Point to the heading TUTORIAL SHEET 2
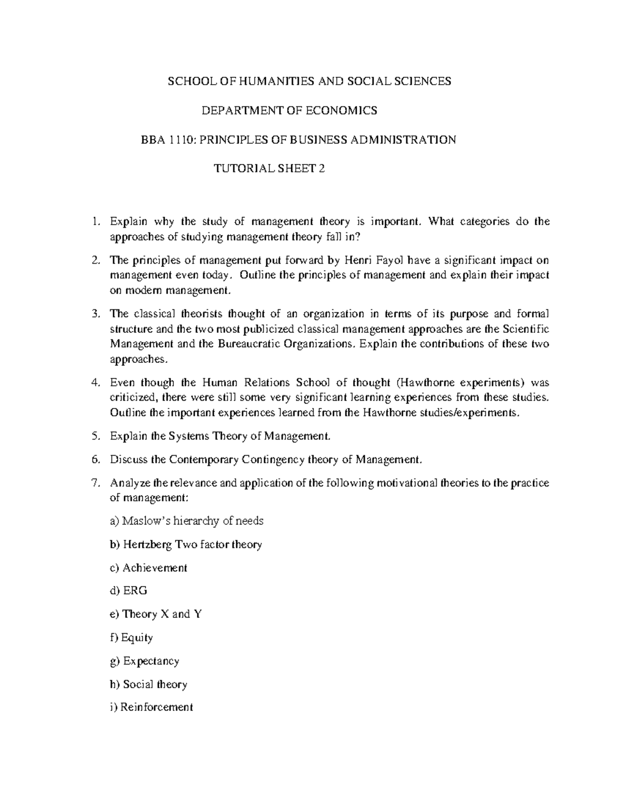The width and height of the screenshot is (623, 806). [x=269, y=169]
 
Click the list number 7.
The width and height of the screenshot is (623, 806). [x=94, y=483]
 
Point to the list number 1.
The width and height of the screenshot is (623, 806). [x=94, y=222]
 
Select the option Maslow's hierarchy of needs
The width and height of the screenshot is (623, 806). [x=187, y=521]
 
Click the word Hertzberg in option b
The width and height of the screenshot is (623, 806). [x=148, y=544]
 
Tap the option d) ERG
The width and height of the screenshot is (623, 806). [x=129, y=591]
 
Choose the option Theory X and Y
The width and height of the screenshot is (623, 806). [x=156, y=614]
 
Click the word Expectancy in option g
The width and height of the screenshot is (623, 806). [x=151, y=661]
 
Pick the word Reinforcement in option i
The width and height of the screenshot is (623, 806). [x=157, y=707]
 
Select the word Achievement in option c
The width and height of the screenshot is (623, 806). [x=155, y=568]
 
